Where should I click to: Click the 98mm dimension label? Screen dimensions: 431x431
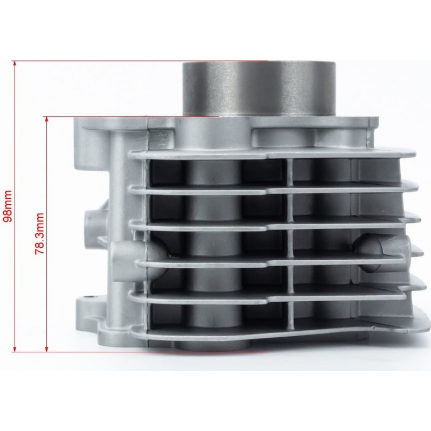click(8, 206)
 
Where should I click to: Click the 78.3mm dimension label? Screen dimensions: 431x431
click(39, 234)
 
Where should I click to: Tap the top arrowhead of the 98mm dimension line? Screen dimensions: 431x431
click(15, 63)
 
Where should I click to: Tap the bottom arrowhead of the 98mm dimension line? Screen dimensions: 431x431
click(15, 349)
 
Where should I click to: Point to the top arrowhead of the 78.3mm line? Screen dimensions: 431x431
click(47, 119)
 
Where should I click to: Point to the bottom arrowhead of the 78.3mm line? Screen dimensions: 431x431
click(47, 349)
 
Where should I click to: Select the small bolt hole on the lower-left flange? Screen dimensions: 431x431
click(88, 297)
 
